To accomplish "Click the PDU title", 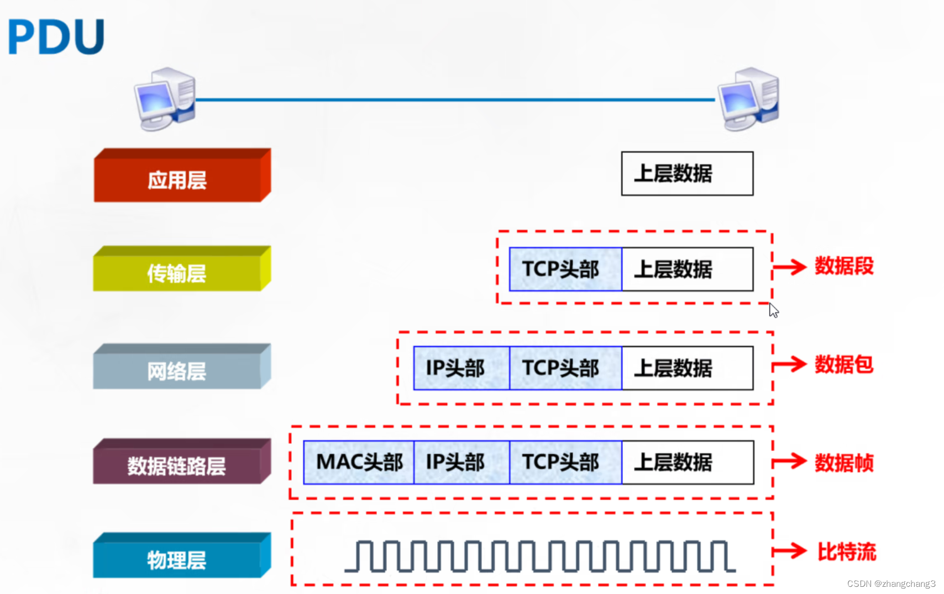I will point(56,36).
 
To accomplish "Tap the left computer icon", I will point(165,99).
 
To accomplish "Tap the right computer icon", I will point(749,99).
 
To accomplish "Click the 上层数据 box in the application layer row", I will point(687,173).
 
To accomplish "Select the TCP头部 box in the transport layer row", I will point(565,269).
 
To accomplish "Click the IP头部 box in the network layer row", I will point(461,368).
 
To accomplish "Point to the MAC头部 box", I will point(359,462).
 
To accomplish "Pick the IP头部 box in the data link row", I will point(461,462).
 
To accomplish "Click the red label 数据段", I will point(844,266).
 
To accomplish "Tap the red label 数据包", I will point(844,364).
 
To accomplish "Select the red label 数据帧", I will point(844,463).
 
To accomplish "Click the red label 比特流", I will point(847,551).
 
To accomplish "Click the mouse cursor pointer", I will point(773,310).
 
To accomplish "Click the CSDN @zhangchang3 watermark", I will point(891,584).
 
